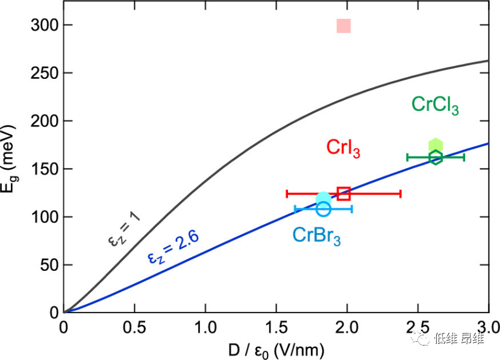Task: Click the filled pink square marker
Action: click(x=343, y=26)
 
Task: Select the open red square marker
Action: click(x=344, y=193)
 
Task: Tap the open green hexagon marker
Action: click(x=436, y=157)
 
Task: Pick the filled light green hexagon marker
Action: click(x=436, y=145)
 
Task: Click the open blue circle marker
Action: click(x=323, y=209)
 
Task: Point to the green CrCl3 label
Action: click(x=435, y=105)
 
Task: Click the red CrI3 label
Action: click(x=343, y=147)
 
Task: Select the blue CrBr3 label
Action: click(x=317, y=235)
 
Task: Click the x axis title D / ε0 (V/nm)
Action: click(x=275, y=349)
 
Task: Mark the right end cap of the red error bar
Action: click(x=401, y=193)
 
